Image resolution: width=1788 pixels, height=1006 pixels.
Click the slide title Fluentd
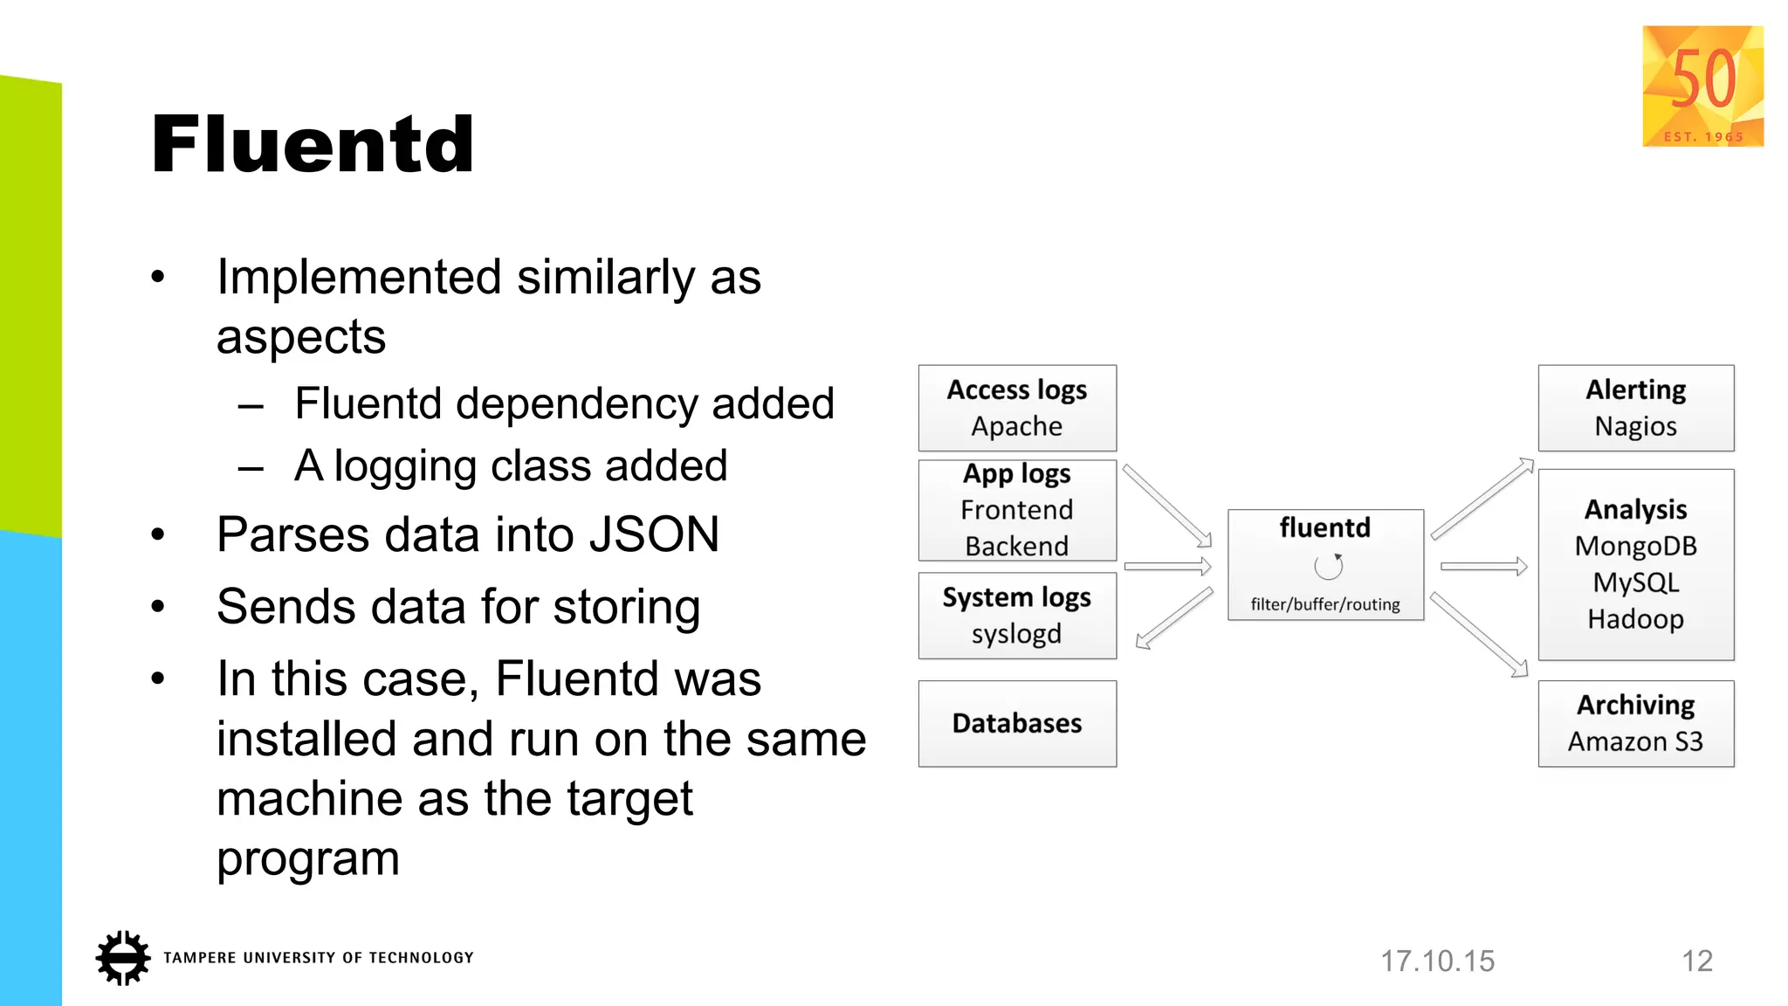point(313,145)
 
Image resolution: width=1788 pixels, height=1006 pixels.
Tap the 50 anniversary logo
point(1702,86)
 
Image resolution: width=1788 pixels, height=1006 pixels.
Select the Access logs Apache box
point(1017,408)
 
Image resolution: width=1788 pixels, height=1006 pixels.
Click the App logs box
point(1017,510)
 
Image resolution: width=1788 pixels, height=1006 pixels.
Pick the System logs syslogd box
point(1017,616)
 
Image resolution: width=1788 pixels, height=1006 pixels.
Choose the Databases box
point(1017,724)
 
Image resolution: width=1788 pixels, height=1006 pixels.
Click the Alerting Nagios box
point(1635,408)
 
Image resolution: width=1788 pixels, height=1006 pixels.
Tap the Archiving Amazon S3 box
point(1635,724)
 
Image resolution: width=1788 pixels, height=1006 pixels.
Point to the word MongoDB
point(1635,547)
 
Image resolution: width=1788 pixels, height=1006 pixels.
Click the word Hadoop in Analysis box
point(1635,619)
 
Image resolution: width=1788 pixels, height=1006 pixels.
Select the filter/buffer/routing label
point(1324,604)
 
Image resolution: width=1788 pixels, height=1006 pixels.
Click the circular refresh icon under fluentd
point(1328,567)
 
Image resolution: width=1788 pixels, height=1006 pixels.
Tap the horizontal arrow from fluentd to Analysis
point(1483,567)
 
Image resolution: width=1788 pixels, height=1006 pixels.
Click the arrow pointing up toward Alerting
point(1482,499)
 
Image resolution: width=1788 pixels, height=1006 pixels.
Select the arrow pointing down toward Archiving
point(1480,635)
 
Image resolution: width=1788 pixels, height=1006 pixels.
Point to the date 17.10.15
point(1437,961)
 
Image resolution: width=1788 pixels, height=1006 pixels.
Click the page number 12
point(1697,961)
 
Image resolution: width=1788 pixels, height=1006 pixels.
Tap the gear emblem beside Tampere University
point(122,958)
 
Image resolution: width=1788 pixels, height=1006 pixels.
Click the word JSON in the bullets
point(654,534)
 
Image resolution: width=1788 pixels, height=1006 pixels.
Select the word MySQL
point(1635,582)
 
